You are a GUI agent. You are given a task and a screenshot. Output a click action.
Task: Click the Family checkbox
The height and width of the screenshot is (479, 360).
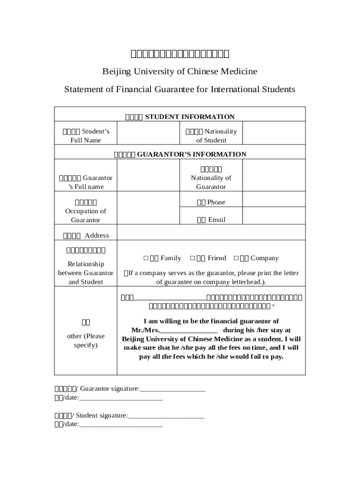146,258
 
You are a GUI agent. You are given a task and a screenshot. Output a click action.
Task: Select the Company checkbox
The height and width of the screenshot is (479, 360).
236,258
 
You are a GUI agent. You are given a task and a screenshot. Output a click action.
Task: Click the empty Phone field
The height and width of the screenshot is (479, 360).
274,202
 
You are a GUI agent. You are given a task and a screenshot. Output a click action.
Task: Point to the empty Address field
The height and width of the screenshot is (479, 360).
211,235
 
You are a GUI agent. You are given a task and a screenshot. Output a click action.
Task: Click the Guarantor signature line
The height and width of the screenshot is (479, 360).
173,389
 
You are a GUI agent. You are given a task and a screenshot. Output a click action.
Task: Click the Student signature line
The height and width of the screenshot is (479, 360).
166,416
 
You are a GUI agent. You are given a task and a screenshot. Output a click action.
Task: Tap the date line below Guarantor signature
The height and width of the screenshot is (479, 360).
121,398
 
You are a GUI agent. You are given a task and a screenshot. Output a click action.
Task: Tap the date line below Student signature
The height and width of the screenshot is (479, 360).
121,425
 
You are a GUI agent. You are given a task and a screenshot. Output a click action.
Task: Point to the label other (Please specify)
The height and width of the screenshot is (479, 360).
86,341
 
